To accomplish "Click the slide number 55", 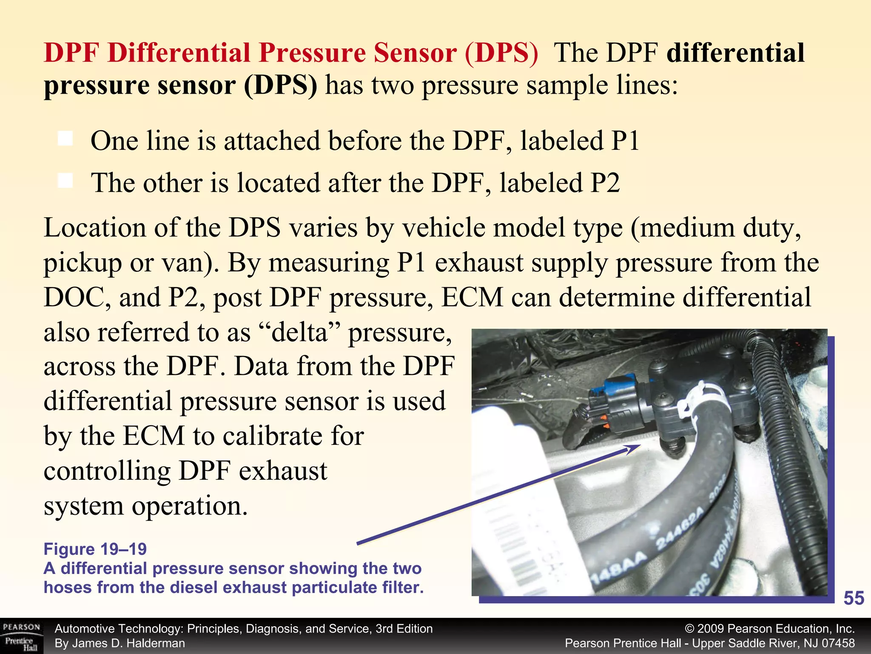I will click(x=854, y=598).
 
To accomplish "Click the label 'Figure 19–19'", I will click(x=95, y=549).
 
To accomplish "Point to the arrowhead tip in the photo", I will click(x=639, y=446).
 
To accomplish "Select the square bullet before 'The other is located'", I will click(x=65, y=181).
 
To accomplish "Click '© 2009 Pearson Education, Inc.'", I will click(x=770, y=629).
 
